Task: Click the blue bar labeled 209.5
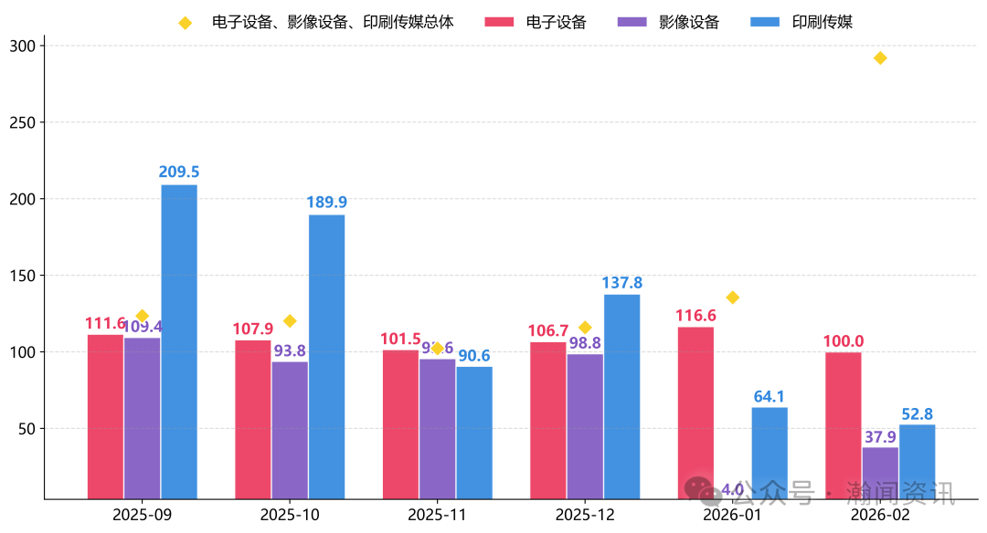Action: [x=179, y=341]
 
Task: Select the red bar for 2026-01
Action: [x=695, y=413]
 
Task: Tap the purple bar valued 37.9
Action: [x=880, y=473]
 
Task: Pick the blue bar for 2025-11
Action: [x=474, y=433]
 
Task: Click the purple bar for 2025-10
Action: [x=290, y=430]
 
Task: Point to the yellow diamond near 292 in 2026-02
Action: [x=880, y=58]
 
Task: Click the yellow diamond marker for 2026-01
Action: [x=732, y=298]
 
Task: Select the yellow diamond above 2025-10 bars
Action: [x=290, y=321]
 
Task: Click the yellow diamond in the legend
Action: [x=186, y=23]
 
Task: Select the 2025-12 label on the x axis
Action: [x=585, y=515]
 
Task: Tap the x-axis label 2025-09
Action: [x=142, y=515]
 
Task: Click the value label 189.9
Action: [x=327, y=202]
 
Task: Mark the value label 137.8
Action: [x=621, y=282]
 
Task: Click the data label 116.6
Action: [x=695, y=316]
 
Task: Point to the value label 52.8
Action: [x=917, y=414]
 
